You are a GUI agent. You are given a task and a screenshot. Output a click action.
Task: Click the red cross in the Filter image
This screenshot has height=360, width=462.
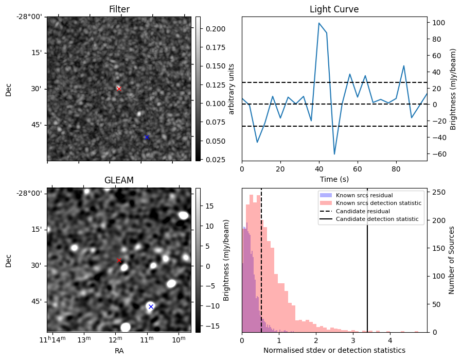pos(119,89)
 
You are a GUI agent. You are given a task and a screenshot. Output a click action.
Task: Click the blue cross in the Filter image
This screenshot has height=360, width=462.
pos(147,137)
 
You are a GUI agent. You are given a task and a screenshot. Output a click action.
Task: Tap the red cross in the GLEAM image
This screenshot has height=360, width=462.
pos(119,260)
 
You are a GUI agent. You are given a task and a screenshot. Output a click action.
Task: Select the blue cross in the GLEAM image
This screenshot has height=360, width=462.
pos(151,306)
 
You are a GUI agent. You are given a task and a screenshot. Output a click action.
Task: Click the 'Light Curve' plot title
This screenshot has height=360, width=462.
pos(334,9)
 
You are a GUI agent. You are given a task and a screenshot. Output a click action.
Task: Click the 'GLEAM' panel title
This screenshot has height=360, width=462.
pos(119,180)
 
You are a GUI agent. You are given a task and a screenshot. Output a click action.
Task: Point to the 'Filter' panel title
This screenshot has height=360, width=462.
pos(119,9)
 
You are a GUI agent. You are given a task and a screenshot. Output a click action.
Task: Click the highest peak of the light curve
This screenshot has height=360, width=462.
pos(319,23)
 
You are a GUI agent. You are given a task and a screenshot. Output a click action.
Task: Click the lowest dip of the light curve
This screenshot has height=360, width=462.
pos(334,154)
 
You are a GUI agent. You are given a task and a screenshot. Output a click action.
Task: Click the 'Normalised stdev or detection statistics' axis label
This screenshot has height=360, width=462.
pos(334,350)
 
